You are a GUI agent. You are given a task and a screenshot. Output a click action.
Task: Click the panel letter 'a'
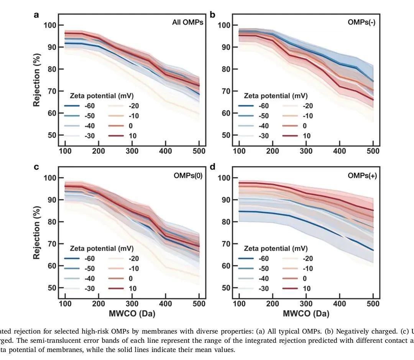click(x=36, y=15)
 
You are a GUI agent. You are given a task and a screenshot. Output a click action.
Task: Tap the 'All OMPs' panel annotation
click(x=187, y=22)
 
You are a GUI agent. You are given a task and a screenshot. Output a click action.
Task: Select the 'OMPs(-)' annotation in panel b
click(x=361, y=22)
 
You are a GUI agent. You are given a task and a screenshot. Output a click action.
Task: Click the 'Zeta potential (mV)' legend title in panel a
click(x=102, y=96)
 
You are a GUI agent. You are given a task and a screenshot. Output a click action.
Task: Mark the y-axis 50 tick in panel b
click(x=225, y=135)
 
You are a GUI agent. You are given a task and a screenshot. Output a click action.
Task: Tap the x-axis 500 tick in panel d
click(x=373, y=304)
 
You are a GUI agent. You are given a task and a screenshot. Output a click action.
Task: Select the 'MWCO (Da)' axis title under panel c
click(x=132, y=314)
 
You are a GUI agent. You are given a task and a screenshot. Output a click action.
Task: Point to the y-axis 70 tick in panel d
click(x=225, y=244)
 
